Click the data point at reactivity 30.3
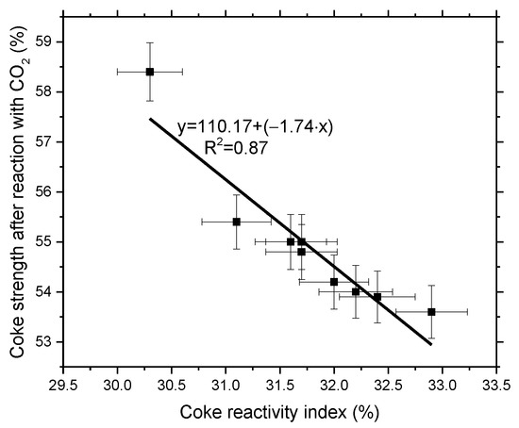tap(149, 72)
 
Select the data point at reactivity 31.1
tap(236, 222)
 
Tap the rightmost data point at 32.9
tap(431, 311)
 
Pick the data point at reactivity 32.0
tap(334, 281)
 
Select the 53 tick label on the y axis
tap(42, 341)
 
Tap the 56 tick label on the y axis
tap(42, 191)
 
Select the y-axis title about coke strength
tap(15, 190)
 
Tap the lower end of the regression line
tap(431, 344)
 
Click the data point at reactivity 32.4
tap(377, 297)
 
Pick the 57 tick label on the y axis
tap(42, 141)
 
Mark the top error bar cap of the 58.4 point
tap(149, 42)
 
